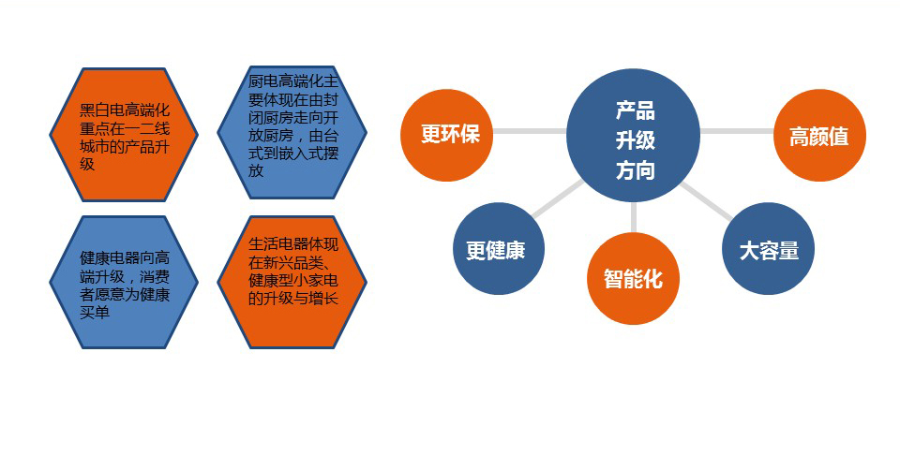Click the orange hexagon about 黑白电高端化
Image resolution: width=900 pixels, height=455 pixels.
tap(124, 135)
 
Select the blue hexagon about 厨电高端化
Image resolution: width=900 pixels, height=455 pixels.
tap(292, 132)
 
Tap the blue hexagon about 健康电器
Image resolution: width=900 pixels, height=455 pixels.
tap(124, 282)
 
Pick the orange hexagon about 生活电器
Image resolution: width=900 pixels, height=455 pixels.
tap(292, 282)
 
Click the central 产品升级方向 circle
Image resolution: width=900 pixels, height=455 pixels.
tap(633, 135)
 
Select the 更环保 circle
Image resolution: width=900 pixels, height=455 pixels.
tap(446, 135)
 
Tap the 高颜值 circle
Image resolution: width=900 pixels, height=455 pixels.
tap(819, 135)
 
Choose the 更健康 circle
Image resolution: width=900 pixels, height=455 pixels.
tap(498, 249)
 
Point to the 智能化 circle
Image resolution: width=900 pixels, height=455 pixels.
tap(633, 278)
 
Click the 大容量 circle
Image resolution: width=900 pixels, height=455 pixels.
tap(768, 249)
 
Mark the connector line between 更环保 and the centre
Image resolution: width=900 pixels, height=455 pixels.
tap(530, 131)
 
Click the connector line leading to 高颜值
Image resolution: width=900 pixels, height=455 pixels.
tap(737, 131)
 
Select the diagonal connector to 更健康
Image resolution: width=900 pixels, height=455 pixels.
tap(557, 199)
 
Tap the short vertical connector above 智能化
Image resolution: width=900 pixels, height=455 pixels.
tap(633, 217)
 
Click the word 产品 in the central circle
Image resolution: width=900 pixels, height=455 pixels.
tap(636, 110)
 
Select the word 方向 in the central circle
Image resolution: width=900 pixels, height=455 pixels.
tap(636, 170)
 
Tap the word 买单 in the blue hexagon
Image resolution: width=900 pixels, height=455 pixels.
tap(95, 313)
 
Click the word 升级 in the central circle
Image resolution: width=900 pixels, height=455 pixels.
tap(636, 140)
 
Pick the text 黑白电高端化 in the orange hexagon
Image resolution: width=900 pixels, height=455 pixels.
tap(125, 110)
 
